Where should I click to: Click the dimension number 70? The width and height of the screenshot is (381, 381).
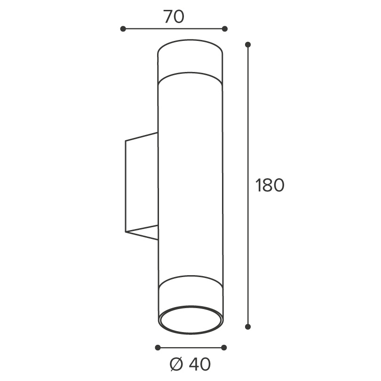tap(174, 16)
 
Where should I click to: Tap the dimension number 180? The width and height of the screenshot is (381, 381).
tap(270, 185)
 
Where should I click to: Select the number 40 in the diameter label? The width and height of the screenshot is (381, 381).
tap(199, 365)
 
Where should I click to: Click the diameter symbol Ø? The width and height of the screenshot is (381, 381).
tap(176, 365)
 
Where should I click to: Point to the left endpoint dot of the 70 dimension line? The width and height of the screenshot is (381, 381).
tap(123, 29)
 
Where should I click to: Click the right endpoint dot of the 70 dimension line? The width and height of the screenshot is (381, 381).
tap(225, 29)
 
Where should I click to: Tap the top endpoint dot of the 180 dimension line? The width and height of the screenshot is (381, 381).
tap(248, 45)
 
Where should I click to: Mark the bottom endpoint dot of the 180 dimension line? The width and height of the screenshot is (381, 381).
tap(248, 327)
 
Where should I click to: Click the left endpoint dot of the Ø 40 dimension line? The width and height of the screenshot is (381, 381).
tap(158, 348)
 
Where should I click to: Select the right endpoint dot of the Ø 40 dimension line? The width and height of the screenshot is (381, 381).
tap(224, 348)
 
